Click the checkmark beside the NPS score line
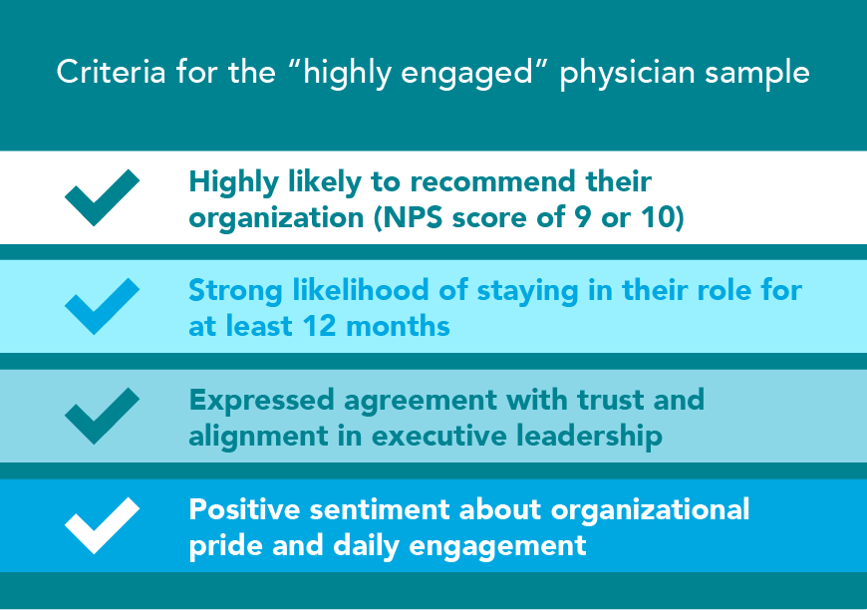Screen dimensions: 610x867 coord(102,195)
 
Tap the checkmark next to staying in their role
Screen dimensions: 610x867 coord(102,305)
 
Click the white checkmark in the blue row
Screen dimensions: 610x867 coord(102,524)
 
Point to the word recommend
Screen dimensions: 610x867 coord(468,182)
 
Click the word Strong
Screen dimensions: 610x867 coord(232,291)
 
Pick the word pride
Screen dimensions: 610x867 coord(222,546)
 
